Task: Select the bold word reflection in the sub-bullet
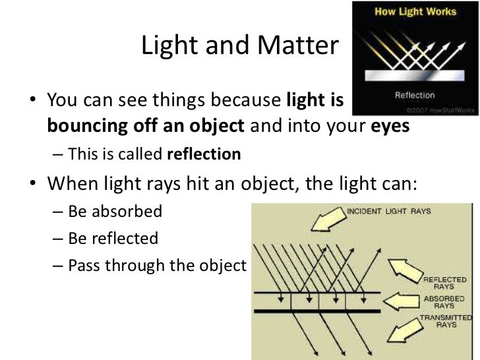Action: [x=204, y=154]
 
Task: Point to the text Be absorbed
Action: [x=115, y=212]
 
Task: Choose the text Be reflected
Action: [x=113, y=238]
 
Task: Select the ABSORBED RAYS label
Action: [x=439, y=301]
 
